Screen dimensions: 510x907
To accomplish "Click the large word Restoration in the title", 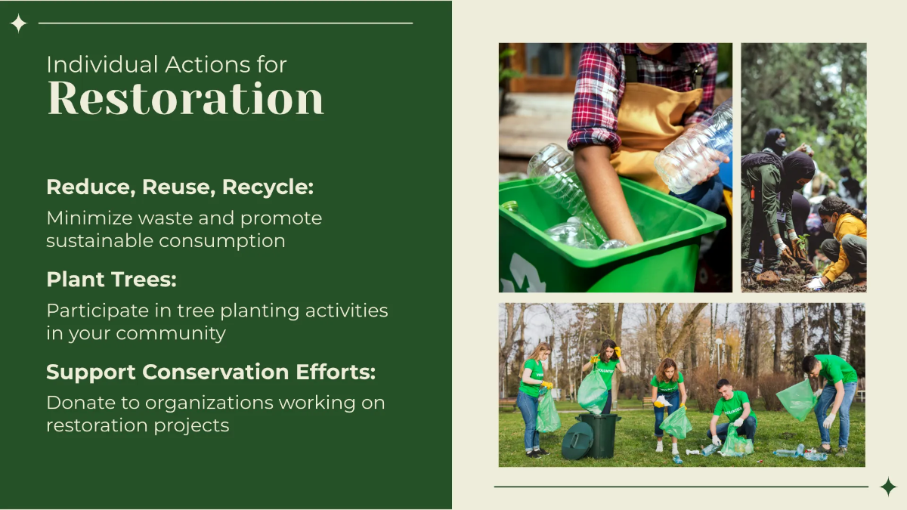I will pyautogui.click(x=185, y=98).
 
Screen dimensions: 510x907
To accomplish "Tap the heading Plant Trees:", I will pyautogui.click(x=111, y=280).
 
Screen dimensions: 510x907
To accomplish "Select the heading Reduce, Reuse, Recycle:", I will pyautogui.click(x=180, y=187).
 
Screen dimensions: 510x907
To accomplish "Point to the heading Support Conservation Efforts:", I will pyautogui.click(x=211, y=372).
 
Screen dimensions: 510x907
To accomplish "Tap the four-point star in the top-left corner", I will pyautogui.click(x=18, y=23).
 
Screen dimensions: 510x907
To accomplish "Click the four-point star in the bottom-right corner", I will pyautogui.click(x=888, y=487).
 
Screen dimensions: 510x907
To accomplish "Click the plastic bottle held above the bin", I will pyautogui.click(x=694, y=147).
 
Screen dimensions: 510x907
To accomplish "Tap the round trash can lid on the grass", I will pyautogui.click(x=577, y=440).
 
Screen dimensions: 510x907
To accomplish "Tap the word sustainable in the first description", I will pyautogui.click(x=100, y=241).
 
